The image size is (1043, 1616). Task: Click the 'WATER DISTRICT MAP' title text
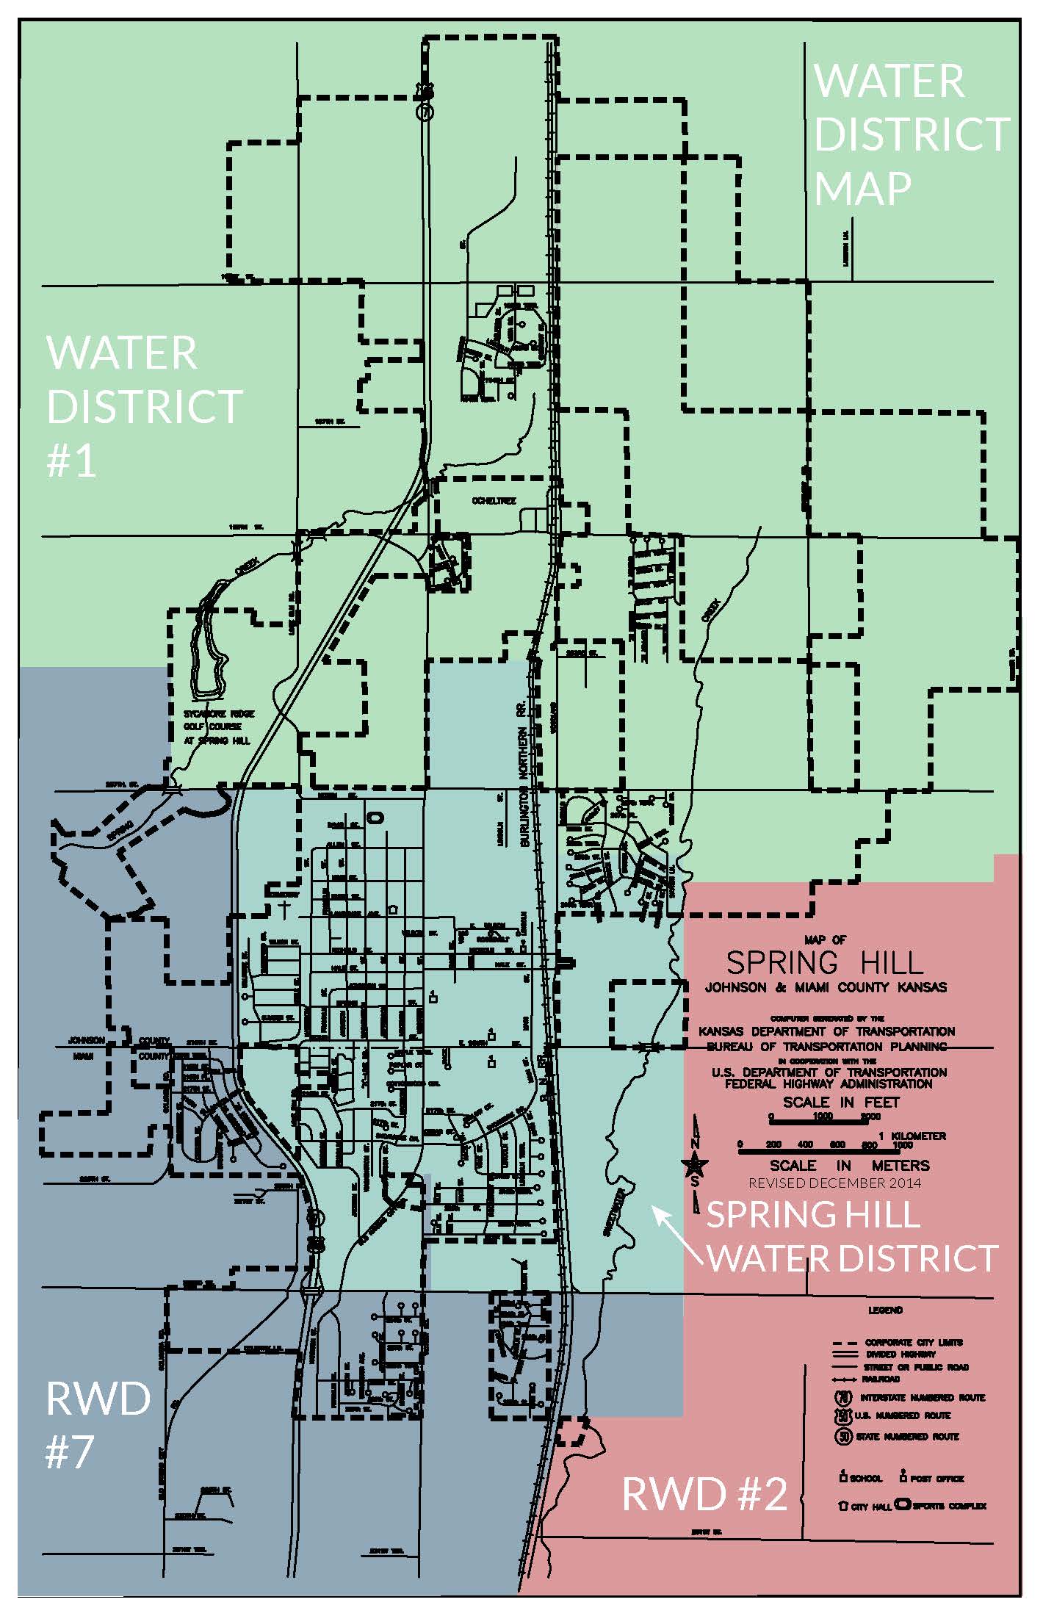pyautogui.click(x=911, y=134)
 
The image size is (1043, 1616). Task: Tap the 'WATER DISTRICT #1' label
pyautogui.click(x=143, y=406)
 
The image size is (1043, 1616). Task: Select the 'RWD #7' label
pyautogui.click(x=97, y=1425)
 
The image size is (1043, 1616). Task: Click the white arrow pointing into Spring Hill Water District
pyautogui.click(x=679, y=1235)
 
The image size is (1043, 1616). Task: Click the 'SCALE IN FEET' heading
pyautogui.click(x=840, y=1102)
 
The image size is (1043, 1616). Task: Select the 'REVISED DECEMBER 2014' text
pyautogui.click(x=834, y=1183)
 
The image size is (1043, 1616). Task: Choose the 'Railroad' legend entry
pyautogui.click(x=881, y=1379)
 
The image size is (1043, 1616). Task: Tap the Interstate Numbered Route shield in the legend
pyautogui.click(x=843, y=1397)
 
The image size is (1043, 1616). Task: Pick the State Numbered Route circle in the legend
pyautogui.click(x=843, y=1436)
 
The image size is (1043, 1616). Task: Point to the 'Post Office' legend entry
pyautogui.click(x=931, y=1478)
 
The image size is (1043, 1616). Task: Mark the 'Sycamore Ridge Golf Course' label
pyautogui.click(x=217, y=727)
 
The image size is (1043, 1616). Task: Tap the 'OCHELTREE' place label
pyautogui.click(x=494, y=501)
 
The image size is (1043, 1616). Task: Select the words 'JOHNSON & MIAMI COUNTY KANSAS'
pyautogui.click(x=826, y=987)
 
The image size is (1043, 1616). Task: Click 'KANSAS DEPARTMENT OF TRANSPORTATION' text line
pyautogui.click(x=826, y=1031)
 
